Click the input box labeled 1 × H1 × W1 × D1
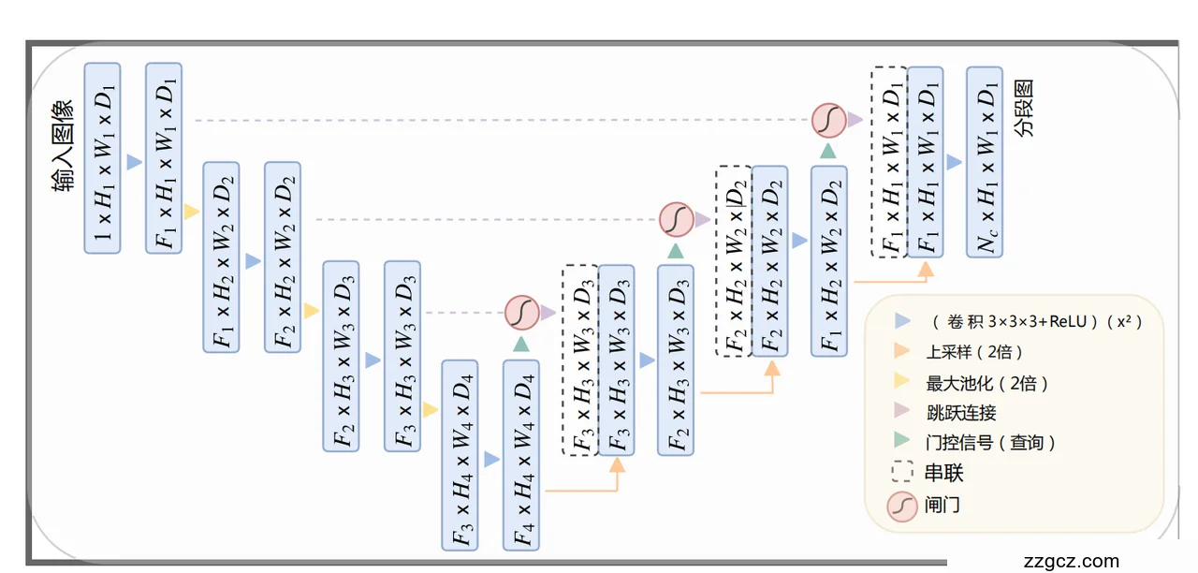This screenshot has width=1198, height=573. [103, 158]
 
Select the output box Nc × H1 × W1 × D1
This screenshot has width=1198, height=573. [984, 161]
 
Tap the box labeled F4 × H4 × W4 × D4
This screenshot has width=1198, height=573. [521, 454]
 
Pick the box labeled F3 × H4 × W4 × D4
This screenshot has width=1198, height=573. [460, 454]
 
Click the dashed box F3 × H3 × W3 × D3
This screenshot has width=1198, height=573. [580, 360]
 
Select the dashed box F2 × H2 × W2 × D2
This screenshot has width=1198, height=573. [734, 260]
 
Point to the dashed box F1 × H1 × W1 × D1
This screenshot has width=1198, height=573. [888, 161]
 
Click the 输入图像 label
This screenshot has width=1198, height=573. [65, 146]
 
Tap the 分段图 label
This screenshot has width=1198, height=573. [1025, 108]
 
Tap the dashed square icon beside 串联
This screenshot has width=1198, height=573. [902, 473]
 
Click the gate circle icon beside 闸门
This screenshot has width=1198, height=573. [902, 506]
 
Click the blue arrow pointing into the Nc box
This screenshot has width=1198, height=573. [954, 162]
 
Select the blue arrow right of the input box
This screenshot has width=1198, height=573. [134, 162]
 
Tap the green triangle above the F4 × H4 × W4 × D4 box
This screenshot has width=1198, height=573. [521, 344]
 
